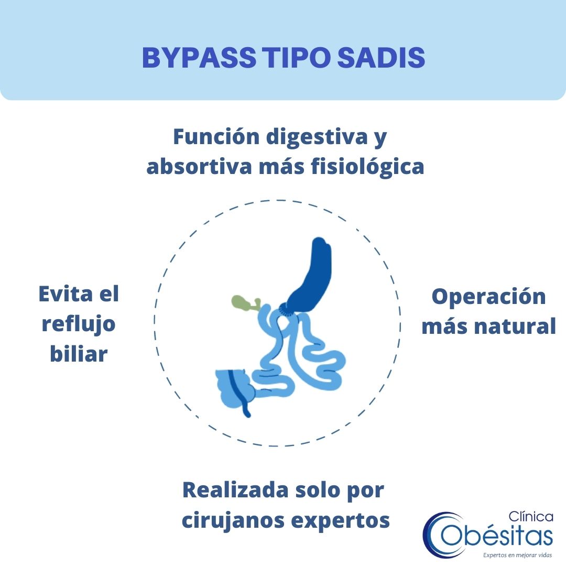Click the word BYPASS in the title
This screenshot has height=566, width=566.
[199, 58]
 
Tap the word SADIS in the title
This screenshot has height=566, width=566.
[381, 58]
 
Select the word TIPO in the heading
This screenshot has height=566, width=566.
[296, 58]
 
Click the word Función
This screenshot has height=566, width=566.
[216, 137]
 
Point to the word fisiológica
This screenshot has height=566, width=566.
[367, 167]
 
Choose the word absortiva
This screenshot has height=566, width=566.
[199, 167]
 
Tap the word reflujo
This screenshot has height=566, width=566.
[79, 324]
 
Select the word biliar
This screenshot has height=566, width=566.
[79, 354]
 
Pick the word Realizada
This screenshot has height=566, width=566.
[236, 490]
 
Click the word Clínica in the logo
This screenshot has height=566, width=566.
[530, 517]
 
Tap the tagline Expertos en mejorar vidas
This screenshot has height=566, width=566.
[518, 555]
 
